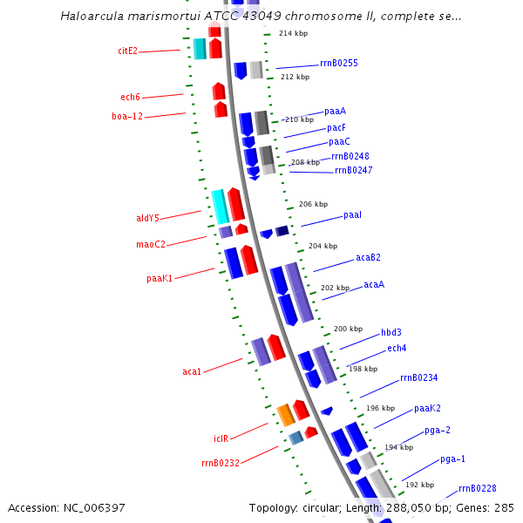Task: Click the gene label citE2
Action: (x=127, y=51)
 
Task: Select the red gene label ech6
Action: (x=130, y=97)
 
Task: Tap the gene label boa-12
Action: (x=126, y=116)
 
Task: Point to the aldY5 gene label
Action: (x=147, y=218)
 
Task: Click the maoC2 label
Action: (x=150, y=244)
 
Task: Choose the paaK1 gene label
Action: (x=159, y=278)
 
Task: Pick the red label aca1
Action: (x=192, y=371)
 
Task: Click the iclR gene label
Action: (x=221, y=438)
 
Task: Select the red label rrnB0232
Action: (x=220, y=463)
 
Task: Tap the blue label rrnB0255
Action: (x=338, y=63)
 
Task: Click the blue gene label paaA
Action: (x=335, y=111)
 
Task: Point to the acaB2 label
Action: (x=368, y=257)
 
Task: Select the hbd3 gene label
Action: (x=391, y=332)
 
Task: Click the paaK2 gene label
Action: (x=427, y=408)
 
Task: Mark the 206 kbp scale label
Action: (x=313, y=204)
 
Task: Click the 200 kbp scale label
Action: (x=348, y=329)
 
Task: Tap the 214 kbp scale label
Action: (x=293, y=33)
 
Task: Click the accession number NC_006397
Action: (x=66, y=507)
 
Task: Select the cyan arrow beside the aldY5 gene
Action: (x=220, y=206)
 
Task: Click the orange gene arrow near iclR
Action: (x=286, y=415)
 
